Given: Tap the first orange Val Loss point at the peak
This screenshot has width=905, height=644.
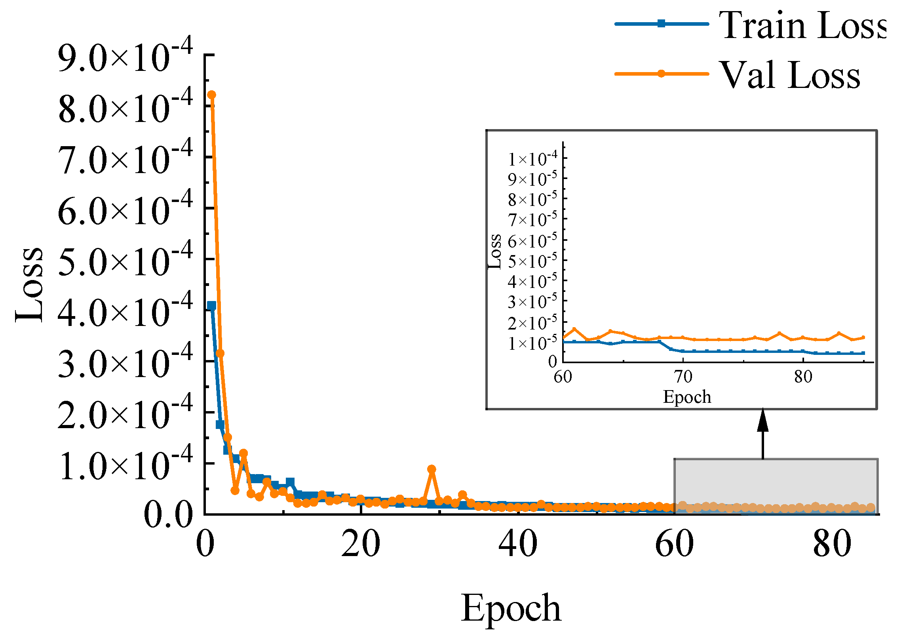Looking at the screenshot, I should click(212, 95).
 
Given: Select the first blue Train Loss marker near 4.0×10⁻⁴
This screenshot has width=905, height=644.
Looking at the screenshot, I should click(212, 305).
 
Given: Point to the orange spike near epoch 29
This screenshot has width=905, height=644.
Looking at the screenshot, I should click(432, 469).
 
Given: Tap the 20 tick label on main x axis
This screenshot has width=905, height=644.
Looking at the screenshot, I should click(360, 545).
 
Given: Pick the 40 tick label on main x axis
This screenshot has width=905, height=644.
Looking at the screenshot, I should click(517, 545).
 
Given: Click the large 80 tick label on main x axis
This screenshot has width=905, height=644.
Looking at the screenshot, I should click(832, 545).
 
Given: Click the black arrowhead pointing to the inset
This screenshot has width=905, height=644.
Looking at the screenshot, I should click(763, 421).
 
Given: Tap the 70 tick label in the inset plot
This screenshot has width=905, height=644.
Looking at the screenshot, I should click(683, 377).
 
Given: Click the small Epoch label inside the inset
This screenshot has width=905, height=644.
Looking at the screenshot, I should click(687, 397).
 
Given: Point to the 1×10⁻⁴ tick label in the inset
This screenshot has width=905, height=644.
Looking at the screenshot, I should click(532, 158).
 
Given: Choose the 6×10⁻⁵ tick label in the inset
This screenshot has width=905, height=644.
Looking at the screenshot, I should click(532, 240).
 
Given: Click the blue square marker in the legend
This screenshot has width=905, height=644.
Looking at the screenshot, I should click(661, 24).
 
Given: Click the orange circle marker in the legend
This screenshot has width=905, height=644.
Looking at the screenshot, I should click(661, 73).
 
